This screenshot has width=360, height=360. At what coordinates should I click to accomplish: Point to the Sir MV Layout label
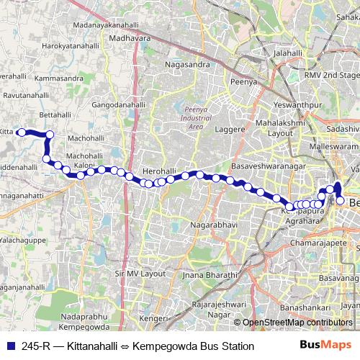point(140,274)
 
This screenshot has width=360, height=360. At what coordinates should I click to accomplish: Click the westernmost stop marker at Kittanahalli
point(22,132)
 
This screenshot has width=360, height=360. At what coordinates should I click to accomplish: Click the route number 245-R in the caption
point(35,346)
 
